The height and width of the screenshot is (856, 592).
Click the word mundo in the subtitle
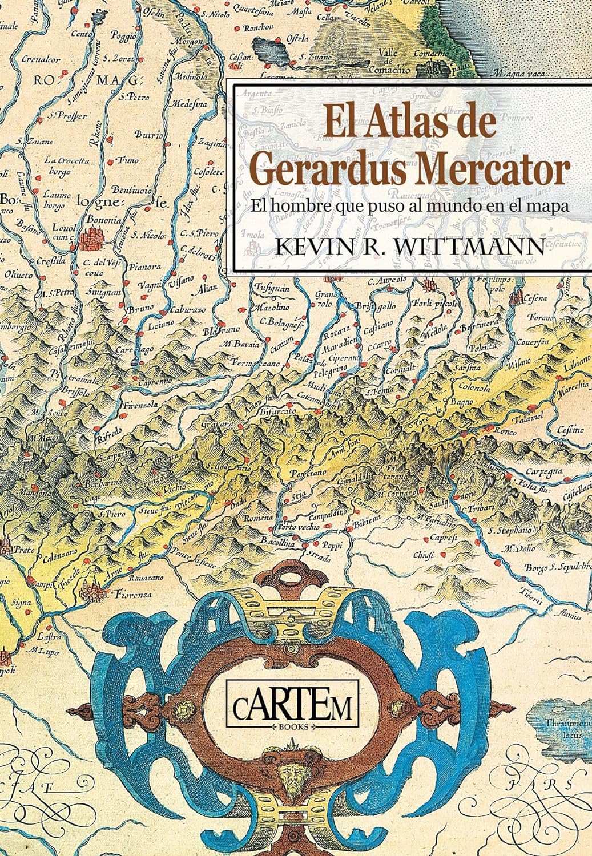tap(461, 207)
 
